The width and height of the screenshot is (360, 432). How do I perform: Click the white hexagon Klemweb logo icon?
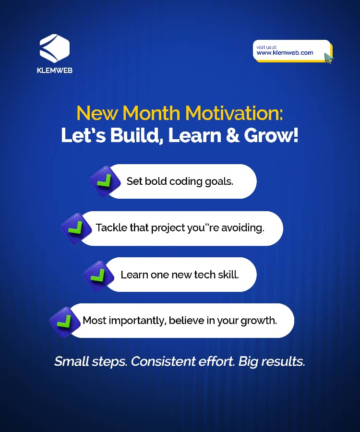click(x=55, y=48)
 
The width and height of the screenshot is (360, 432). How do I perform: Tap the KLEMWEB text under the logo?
click(x=55, y=70)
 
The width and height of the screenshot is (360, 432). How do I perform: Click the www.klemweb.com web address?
click(x=285, y=53)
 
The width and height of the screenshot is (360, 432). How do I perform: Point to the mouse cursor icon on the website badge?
click(x=328, y=58)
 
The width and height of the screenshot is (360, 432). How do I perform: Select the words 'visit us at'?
click(x=266, y=47)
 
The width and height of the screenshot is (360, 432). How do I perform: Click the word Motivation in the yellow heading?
click(x=234, y=113)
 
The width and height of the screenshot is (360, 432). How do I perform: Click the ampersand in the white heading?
click(x=232, y=135)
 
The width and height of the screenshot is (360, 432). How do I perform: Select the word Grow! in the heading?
click(x=271, y=135)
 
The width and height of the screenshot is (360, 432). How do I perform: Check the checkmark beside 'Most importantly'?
click(x=65, y=322)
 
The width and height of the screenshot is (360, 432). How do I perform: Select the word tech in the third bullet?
click(x=204, y=275)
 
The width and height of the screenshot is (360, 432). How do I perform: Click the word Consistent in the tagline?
click(x=163, y=361)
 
